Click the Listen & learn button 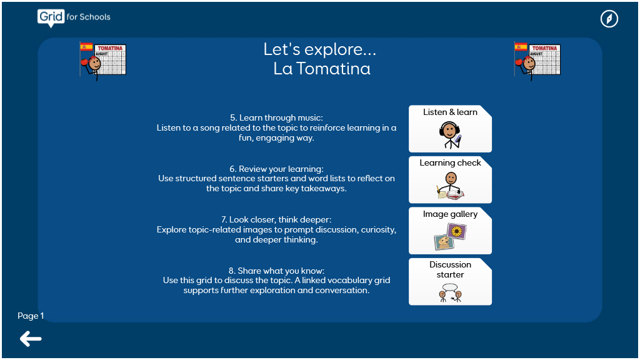pos(450,129)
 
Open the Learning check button pos(450,179)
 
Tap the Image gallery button pos(450,231)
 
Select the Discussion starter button pos(450,282)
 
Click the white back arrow pos(31,339)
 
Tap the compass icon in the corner pos(609,19)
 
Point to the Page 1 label pos(31,316)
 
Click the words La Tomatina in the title pos(322,69)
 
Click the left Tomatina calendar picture pos(103,61)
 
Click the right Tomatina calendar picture pos(537,61)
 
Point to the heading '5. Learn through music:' pos(276,117)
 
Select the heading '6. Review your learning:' pos(276,169)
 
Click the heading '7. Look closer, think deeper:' pos(276,219)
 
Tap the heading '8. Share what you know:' pos(276,271)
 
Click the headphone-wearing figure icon pos(450,135)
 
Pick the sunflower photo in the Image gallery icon pos(457,231)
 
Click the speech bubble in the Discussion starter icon pos(450,287)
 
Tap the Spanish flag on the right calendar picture pos(521,47)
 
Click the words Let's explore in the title pos(319,49)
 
